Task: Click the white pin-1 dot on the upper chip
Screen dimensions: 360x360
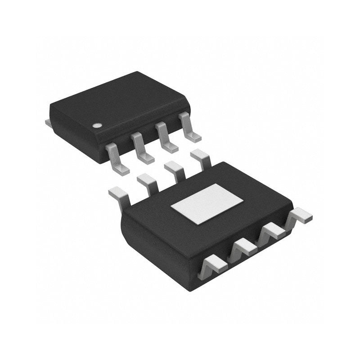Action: tap(96, 126)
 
